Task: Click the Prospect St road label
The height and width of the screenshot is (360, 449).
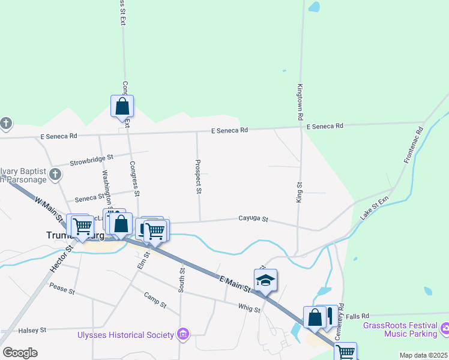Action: tap(197, 176)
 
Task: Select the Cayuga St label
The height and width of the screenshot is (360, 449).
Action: tap(253, 220)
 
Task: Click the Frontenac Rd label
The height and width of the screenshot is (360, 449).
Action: tap(414, 145)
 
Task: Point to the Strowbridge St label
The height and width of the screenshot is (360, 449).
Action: tap(91, 161)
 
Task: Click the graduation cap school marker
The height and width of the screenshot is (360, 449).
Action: tap(265, 279)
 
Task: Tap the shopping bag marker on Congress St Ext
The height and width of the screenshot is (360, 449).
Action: tap(122, 107)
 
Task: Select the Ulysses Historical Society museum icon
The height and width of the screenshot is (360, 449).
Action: tap(184, 334)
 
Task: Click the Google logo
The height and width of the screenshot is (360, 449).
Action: tap(20, 353)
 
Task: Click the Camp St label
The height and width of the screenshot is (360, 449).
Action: tap(155, 300)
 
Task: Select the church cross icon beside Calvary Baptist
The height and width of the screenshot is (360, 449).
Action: tap(55, 175)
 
